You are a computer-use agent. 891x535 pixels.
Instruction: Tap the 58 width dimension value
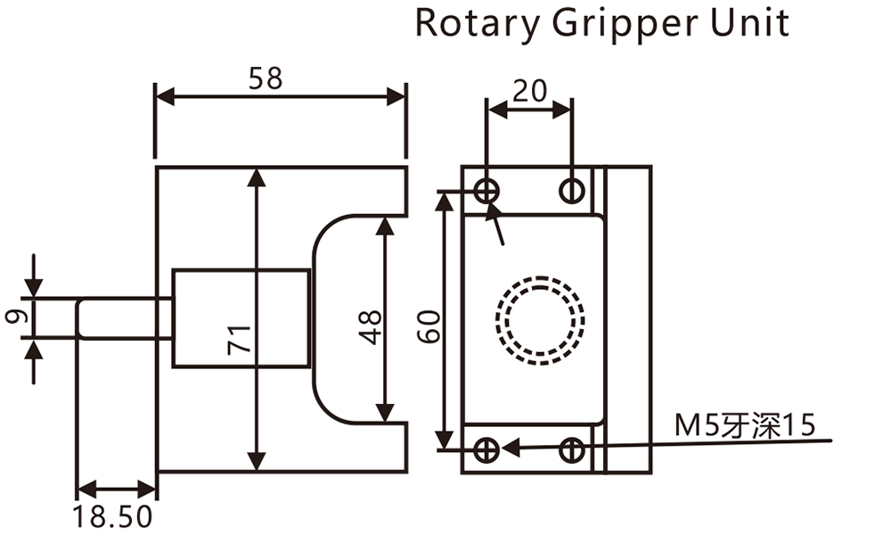265,78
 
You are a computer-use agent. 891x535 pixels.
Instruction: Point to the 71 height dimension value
239,341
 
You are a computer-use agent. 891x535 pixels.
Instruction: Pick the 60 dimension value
430,326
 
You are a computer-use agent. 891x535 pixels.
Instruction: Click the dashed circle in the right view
541,318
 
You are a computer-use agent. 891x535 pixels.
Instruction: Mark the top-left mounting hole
486,189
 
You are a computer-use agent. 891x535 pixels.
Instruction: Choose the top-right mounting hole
572,189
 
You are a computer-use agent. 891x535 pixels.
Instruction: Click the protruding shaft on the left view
123,318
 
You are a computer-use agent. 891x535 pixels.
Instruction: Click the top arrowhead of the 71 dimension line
257,176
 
